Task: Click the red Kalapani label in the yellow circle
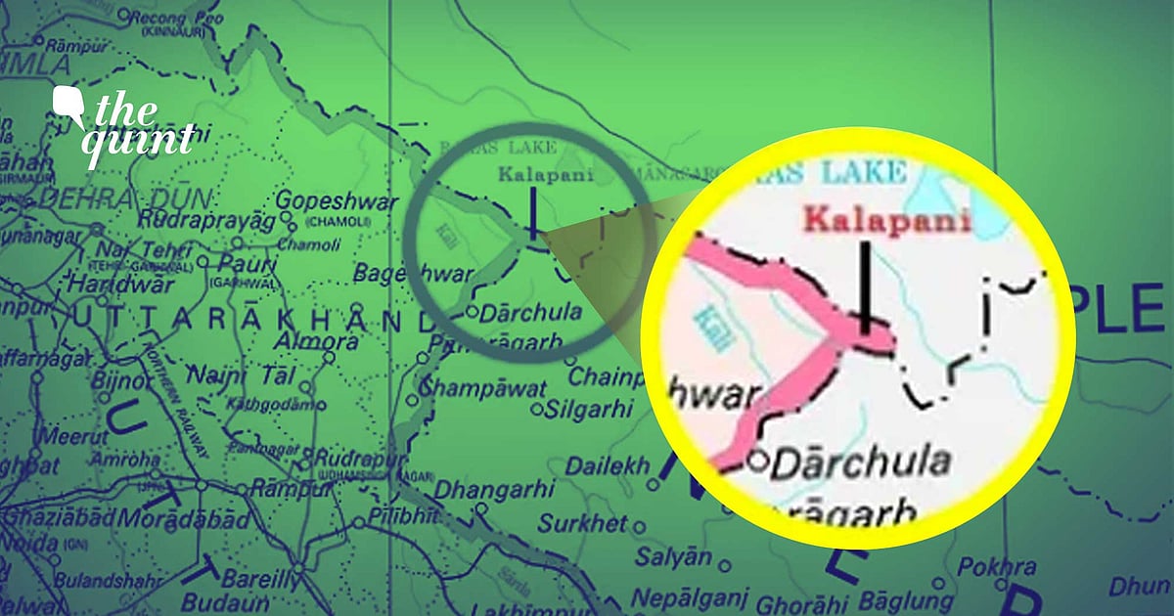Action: coord(886,220)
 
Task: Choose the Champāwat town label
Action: coord(483,387)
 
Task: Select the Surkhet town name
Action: coord(582,524)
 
